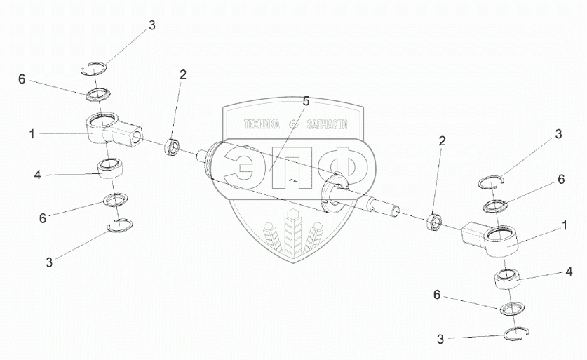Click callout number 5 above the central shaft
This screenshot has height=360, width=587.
coord(306,102)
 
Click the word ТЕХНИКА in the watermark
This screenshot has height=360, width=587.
coord(262,125)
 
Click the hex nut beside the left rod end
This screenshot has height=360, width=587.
coord(173,148)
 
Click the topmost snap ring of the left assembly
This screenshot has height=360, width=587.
coord(95,67)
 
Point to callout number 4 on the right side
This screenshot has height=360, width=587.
coord(569,271)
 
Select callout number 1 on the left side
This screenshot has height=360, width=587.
coord(32,133)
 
